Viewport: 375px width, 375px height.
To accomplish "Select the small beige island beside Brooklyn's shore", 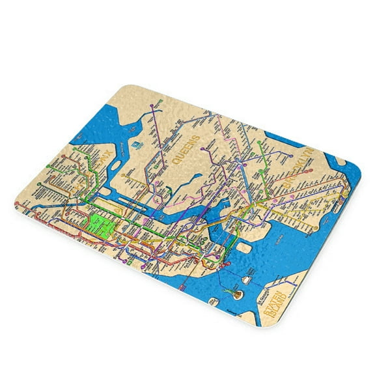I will tap(244, 247).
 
